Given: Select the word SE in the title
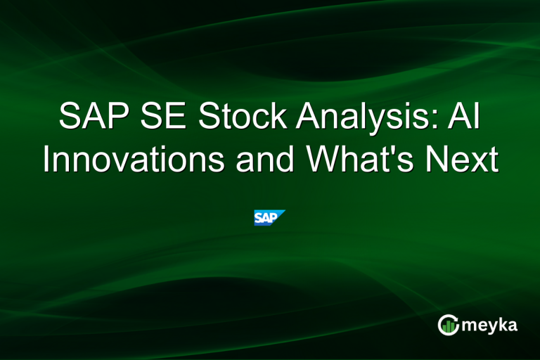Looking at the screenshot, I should (x=166, y=117).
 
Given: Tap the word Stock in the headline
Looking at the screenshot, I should (x=242, y=117).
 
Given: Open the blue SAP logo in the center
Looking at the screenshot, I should (x=269, y=217).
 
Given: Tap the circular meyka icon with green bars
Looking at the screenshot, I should (x=448, y=324).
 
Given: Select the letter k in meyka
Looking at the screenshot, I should (x=504, y=324).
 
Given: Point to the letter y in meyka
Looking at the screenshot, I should (x=492, y=327).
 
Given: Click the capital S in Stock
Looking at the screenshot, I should (x=209, y=117).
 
